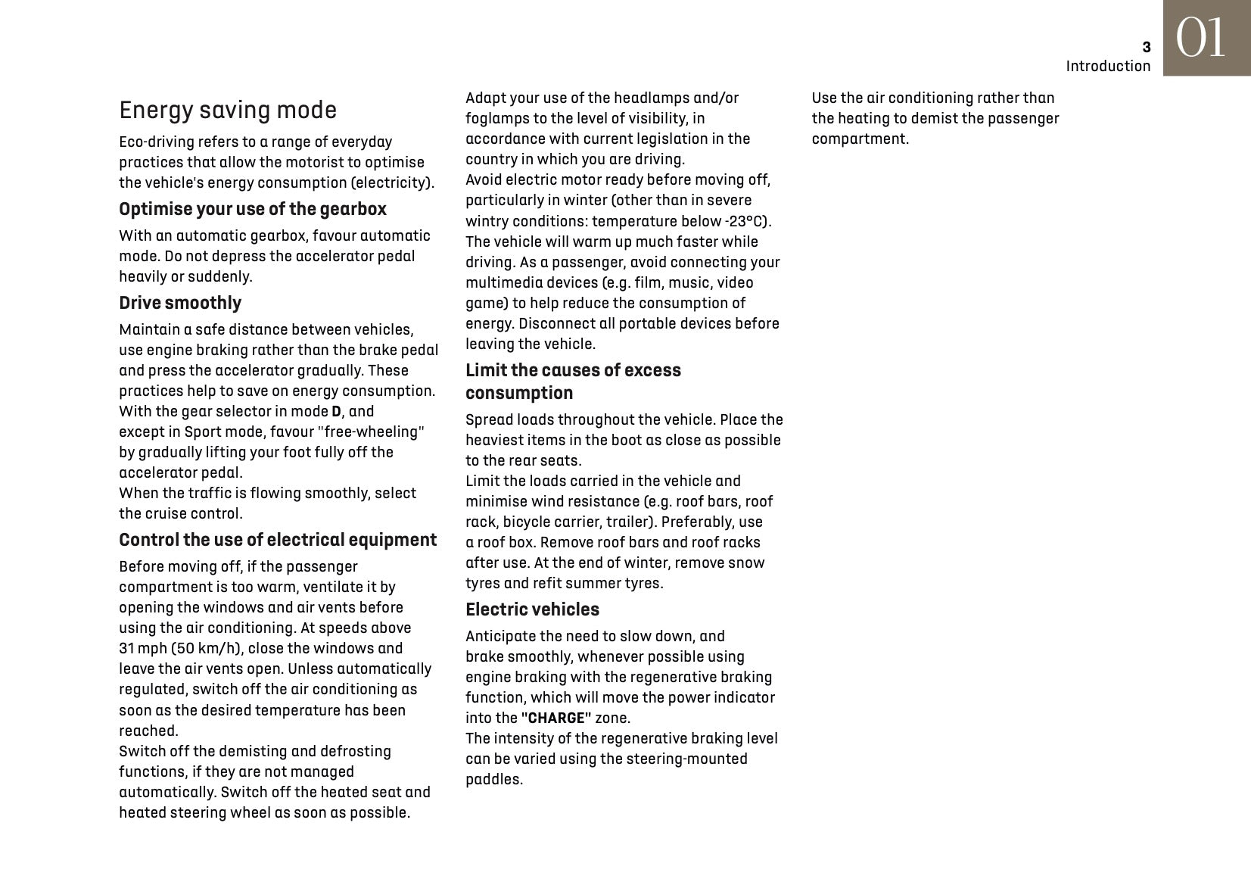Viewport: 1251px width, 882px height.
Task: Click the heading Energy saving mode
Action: pyautogui.click(x=228, y=111)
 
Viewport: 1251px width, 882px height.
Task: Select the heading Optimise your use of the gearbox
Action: pyautogui.click(x=253, y=209)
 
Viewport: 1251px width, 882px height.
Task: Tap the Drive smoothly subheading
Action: pyautogui.click(x=180, y=303)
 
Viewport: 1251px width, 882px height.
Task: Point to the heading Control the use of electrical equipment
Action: pyautogui.click(x=278, y=540)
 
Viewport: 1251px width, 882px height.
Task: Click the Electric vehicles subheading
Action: pyautogui.click(x=532, y=609)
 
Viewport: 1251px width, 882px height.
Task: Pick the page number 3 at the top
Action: pyautogui.click(x=1146, y=48)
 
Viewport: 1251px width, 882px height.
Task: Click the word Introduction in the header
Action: pyautogui.click(x=1108, y=67)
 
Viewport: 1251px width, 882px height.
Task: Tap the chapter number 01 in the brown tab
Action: pyautogui.click(x=1200, y=38)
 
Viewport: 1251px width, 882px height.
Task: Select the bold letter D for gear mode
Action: pyautogui.click(x=337, y=412)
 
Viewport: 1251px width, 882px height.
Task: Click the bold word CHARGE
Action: pyautogui.click(x=556, y=718)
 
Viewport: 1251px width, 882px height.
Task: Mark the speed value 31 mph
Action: pyautogui.click(x=143, y=649)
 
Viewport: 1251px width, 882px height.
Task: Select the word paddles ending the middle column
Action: pyautogui.click(x=493, y=780)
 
